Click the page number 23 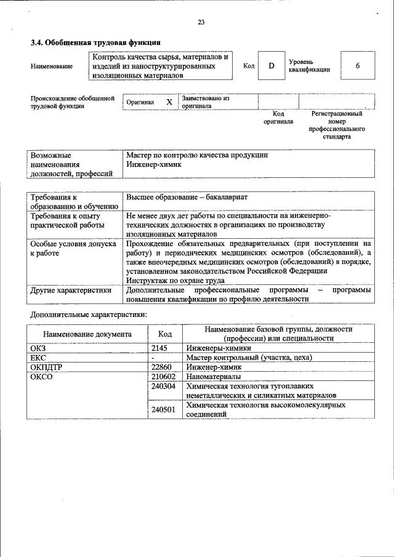click(201, 22)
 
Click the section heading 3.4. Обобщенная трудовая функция click(95, 43)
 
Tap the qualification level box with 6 click(357, 66)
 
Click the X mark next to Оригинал click(169, 102)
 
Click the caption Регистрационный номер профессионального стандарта click(336, 125)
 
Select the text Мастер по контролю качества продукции click(196, 156)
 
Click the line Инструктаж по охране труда click(175, 280)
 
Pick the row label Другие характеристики click(71, 289)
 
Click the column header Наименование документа click(87, 334)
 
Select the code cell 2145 click(160, 348)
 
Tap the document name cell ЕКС click(39, 357)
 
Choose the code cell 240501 click(164, 409)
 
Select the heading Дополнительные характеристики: click(89, 315)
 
